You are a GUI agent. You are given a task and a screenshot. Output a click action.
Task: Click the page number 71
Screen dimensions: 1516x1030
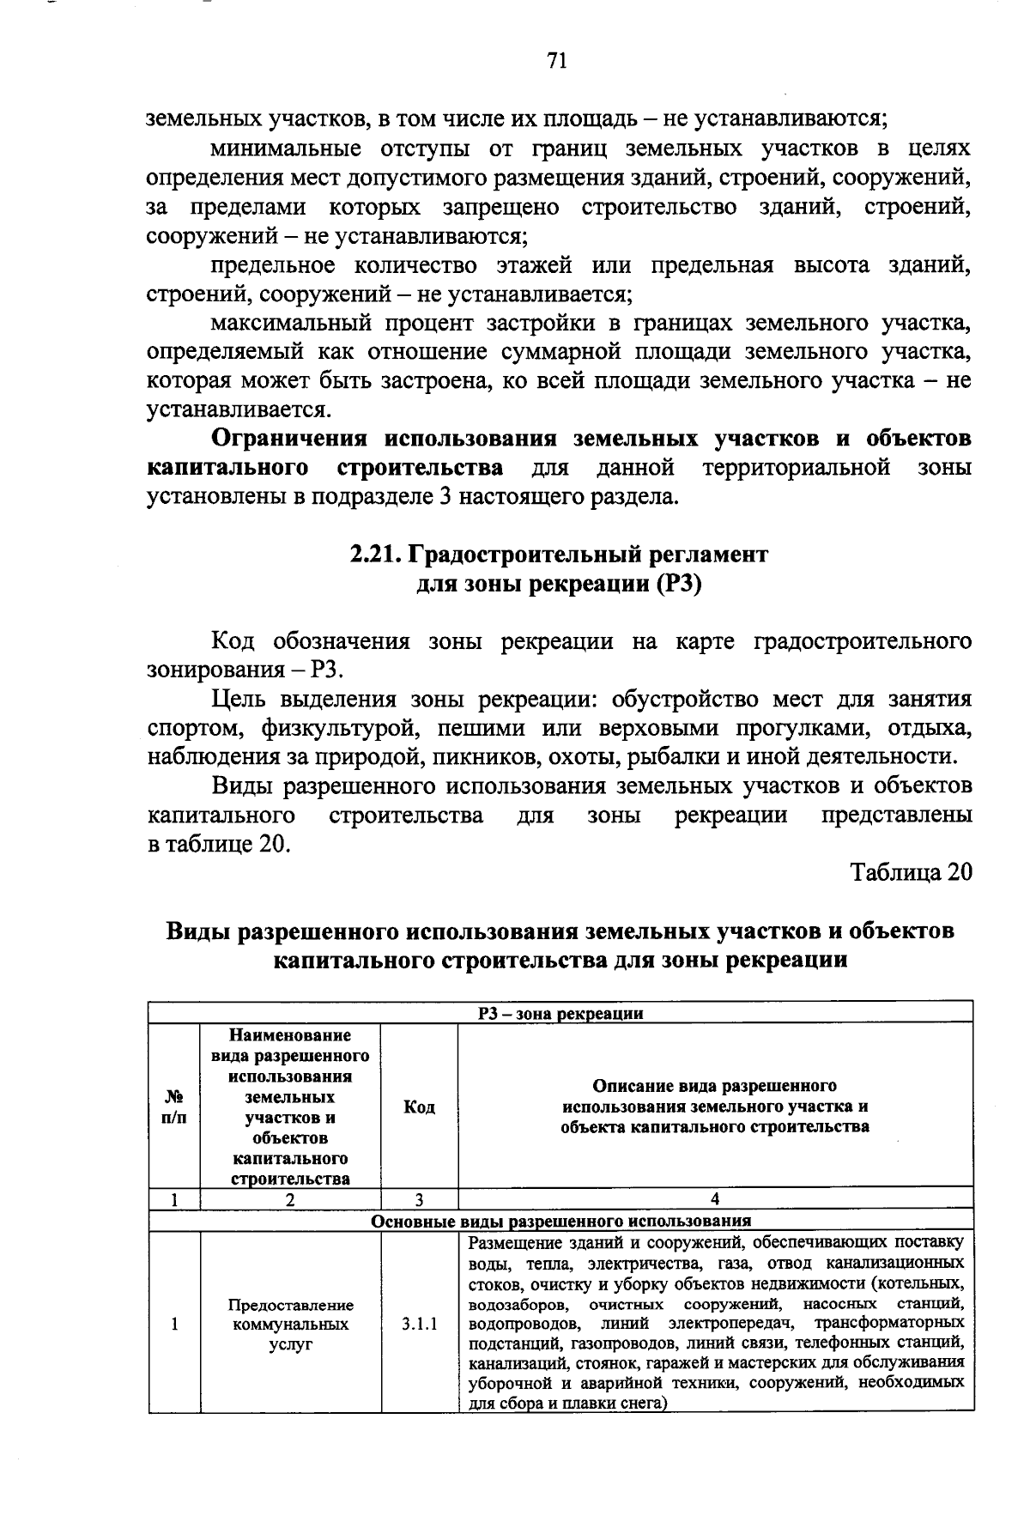click(556, 61)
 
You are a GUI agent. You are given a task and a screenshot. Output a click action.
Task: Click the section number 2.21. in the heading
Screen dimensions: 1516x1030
click(375, 555)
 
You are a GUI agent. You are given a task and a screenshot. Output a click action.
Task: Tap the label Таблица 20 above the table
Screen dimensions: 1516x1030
click(911, 872)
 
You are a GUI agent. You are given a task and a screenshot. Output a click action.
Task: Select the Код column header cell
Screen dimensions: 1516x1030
click(419, 1107)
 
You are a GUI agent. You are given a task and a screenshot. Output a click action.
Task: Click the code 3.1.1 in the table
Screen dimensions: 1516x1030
click(419, 1324)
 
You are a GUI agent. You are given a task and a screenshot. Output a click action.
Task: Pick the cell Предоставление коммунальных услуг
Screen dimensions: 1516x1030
click(290, 1324)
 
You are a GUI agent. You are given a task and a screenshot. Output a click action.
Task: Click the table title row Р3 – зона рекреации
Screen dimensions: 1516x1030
click(560, 1013)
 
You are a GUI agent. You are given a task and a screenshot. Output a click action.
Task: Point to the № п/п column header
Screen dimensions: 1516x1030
click(174, 1107)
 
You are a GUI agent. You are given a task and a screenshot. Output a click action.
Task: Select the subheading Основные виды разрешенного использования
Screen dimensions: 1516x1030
click(560, 1221)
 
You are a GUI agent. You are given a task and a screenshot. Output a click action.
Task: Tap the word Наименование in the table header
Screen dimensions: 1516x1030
click(290, 1035)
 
